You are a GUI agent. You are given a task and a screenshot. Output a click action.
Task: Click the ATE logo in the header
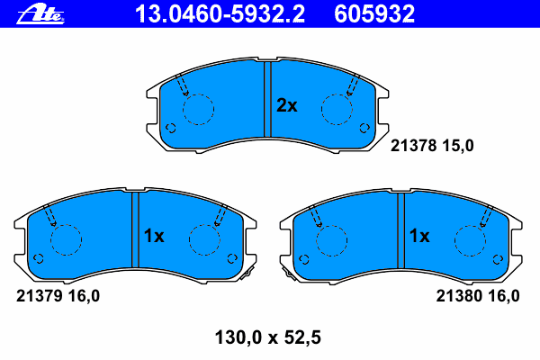[x=40, y=14]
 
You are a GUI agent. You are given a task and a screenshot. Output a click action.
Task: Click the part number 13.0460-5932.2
[x=220, y=14]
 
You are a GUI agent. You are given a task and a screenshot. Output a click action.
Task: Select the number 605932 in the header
[x=374, y=14]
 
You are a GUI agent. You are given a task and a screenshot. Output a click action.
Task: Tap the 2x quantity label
[x=286, y=105]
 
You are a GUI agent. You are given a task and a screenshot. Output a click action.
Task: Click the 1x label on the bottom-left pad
[x=154, y=236]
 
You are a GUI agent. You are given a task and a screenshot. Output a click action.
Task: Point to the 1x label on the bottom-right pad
[x=419, y=236]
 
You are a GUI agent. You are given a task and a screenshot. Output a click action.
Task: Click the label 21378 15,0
[x=432, y=146]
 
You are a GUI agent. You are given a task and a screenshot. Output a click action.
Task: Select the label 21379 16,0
[x=58, y=296]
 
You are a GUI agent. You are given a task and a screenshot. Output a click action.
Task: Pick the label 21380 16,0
[x=478, y=296]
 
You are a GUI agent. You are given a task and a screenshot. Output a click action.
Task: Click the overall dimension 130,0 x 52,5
[x=268, y=337]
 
